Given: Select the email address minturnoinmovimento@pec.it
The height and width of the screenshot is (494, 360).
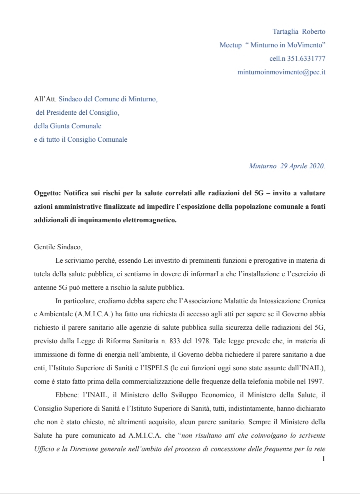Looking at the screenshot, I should click(281, 72).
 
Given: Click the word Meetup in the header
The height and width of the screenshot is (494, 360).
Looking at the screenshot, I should click(230, 45).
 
